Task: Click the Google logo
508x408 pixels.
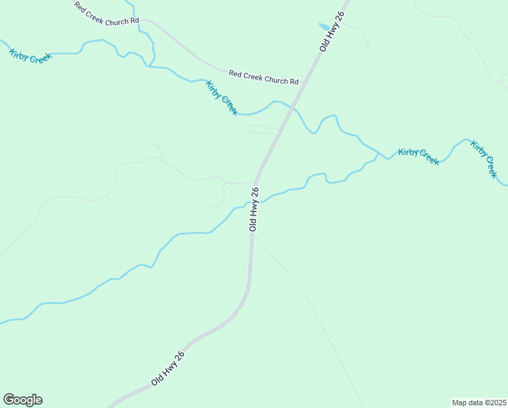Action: click(23, 400)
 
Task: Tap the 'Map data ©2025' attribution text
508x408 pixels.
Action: click(479, 403)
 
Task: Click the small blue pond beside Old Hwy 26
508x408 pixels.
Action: click(324, 27)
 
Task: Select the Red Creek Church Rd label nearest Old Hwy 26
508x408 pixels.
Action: click(264, 77)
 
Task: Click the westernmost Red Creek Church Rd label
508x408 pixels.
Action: click(107, 13)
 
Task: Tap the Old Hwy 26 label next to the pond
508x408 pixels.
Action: click(333, 31)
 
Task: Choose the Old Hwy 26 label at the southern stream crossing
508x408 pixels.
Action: click(255, 209)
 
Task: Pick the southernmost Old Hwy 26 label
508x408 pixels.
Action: click(167, 369)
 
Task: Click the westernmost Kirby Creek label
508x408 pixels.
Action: click(31, 56)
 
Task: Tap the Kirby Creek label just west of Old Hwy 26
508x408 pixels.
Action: click(222, 97)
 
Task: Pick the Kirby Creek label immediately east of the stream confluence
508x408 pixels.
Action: click(418, 156)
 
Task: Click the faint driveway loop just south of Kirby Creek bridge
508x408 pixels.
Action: click(261, 129)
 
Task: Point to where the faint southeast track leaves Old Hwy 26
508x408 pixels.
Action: click(255, 235)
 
